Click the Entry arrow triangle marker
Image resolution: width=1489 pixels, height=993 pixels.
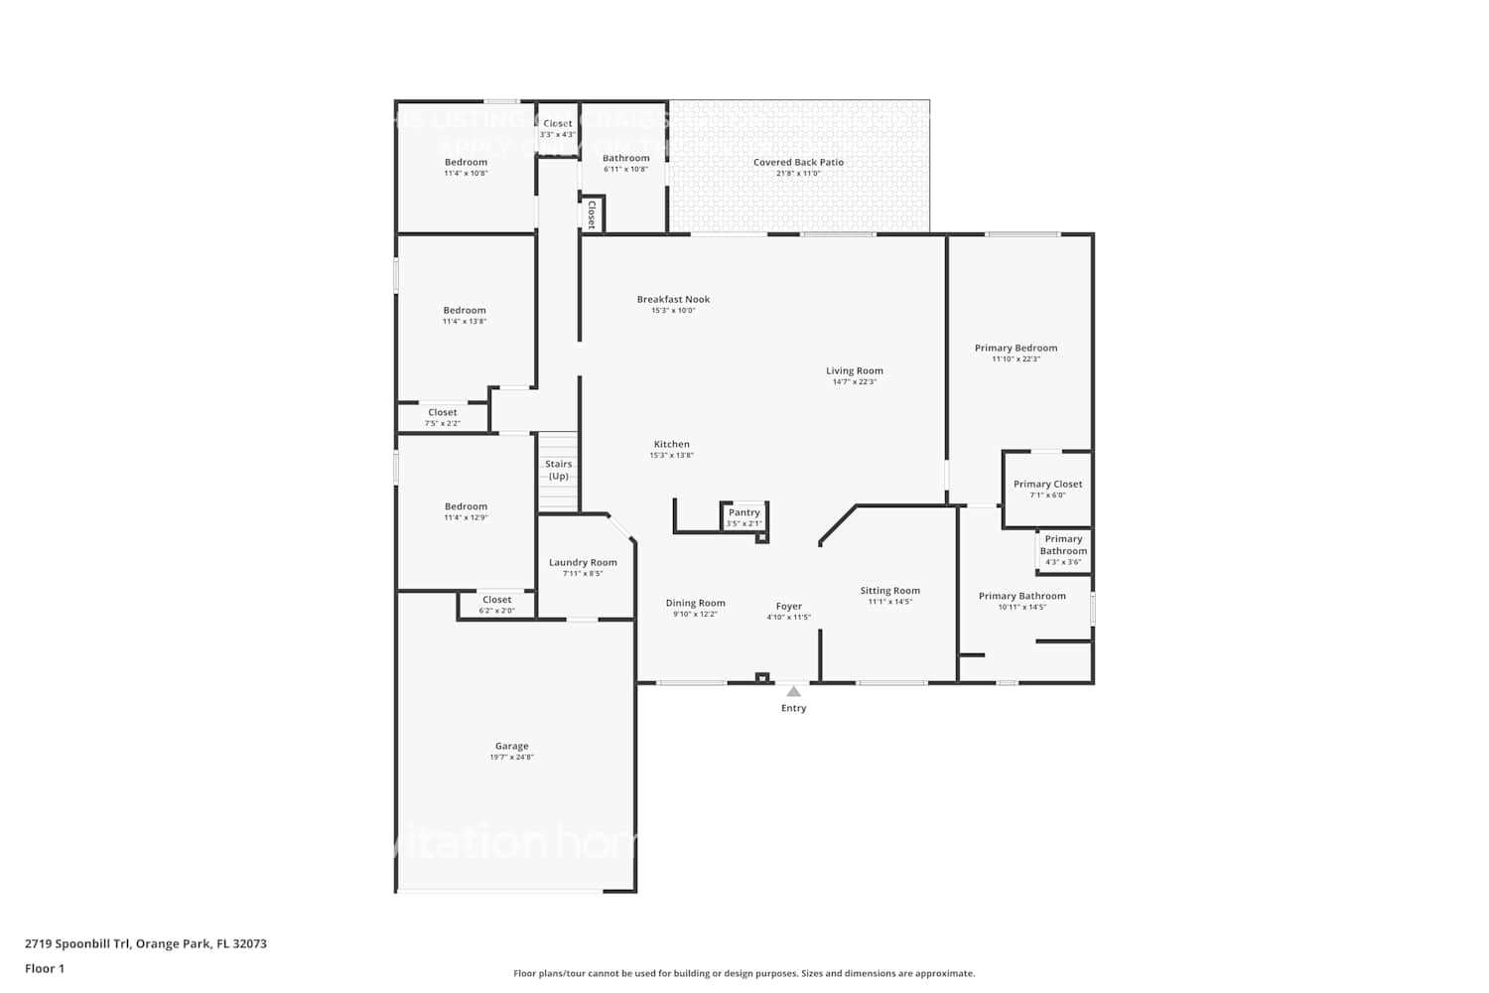pos(793,691)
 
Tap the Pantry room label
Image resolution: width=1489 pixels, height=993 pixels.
pos(744,512)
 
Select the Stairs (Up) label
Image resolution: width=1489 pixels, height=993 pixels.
pos(559,470)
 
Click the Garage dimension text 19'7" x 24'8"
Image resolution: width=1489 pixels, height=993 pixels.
pos(511,758)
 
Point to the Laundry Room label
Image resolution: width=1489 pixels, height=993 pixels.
pos(583,562)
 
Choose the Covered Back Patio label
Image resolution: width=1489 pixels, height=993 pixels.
pos(798,162)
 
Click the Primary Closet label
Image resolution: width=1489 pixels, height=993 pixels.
pos(1047,484)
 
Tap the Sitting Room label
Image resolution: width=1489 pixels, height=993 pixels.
pos(889,590)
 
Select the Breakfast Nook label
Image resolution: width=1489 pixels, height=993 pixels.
pos(673,299)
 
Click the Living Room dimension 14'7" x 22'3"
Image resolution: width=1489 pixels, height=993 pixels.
pos(854,382)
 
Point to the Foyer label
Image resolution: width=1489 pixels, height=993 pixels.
pos(789,606)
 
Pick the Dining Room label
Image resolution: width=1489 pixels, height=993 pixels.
pos(695,603)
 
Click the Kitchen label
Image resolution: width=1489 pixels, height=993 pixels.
pos(671,444)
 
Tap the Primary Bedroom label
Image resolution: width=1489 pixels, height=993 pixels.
pos(1015,348)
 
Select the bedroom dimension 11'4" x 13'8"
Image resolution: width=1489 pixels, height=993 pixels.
pos(465,322)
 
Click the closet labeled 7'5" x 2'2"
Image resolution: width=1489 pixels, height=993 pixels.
pos(443,417)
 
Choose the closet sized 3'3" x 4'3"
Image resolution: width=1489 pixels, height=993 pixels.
pos(557,129)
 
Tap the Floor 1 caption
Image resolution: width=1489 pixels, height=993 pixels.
pos(45,969)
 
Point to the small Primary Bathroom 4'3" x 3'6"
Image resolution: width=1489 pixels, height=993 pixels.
pos(1063,550)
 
